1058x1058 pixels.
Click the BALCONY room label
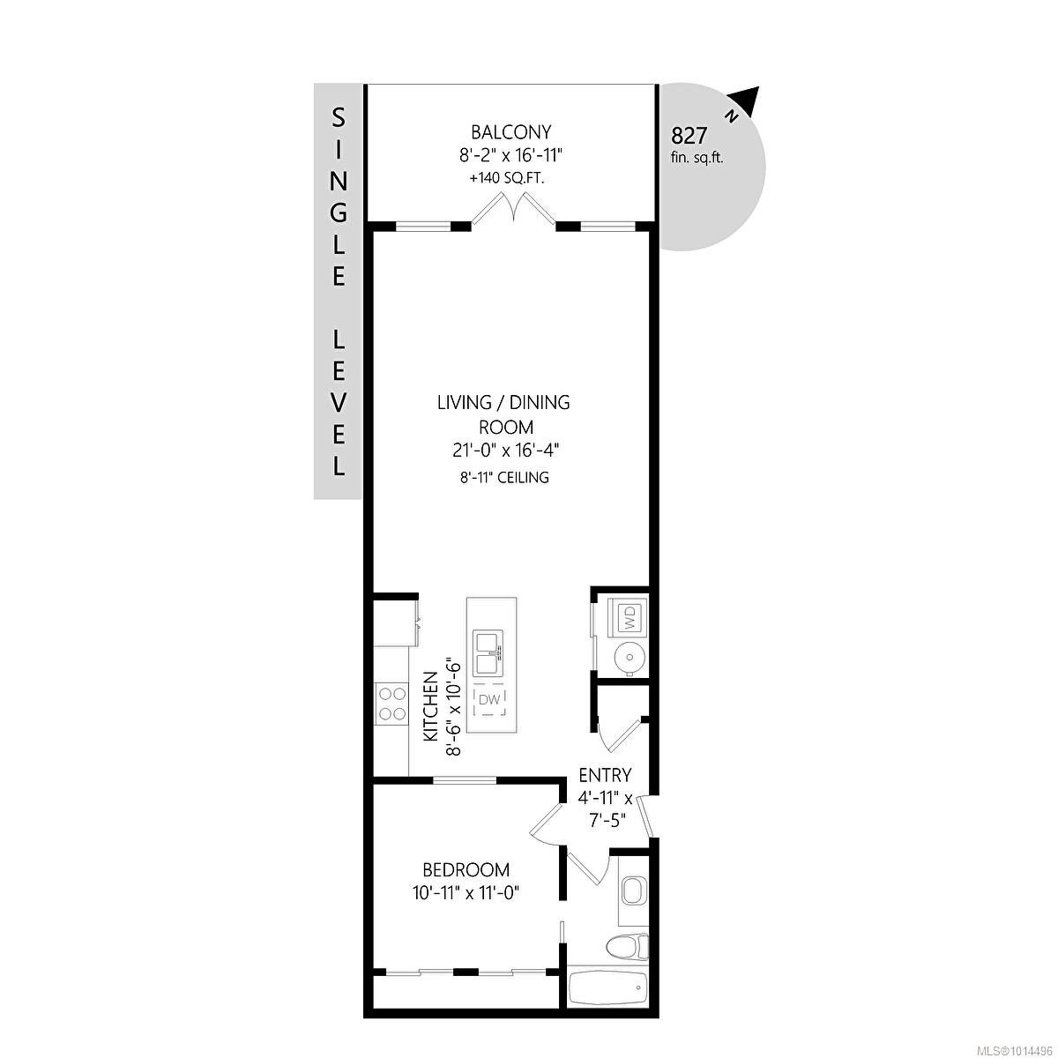tap(510, 132)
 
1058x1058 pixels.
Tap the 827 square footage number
tap(689, 136)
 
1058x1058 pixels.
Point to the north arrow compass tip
tap(750, 100)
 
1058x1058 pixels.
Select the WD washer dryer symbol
tap(630, 616)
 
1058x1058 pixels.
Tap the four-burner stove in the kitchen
tap(391, 704)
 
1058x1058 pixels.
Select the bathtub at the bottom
tap(607, 987)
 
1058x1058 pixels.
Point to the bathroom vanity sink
tap(632, 892)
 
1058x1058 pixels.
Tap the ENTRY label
tap(605, 776)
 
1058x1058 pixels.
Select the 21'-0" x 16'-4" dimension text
tap(504, 450)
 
